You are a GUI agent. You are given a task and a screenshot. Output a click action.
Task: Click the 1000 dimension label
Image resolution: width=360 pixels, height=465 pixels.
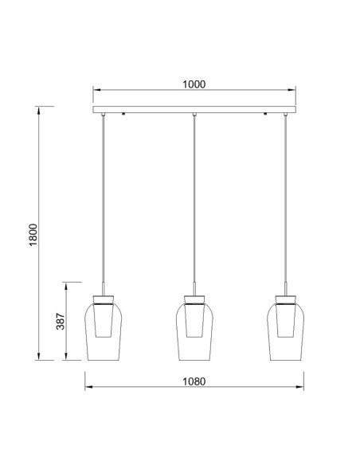coord(194,84)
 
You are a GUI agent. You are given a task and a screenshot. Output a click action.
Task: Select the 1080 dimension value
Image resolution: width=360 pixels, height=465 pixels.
coord(194,381)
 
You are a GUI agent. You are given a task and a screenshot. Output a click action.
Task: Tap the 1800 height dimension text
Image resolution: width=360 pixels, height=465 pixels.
coord(33,235)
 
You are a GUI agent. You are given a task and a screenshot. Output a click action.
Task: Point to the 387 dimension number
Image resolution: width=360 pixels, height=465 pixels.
coord(61,321)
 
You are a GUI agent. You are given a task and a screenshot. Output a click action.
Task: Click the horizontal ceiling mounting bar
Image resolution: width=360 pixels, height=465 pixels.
coord(194,109)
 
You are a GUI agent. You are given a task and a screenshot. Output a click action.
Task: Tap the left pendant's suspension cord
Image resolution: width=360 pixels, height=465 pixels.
coord(103,199)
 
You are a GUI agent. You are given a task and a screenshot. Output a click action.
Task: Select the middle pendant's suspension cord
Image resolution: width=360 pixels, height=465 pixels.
coord(194,199)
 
